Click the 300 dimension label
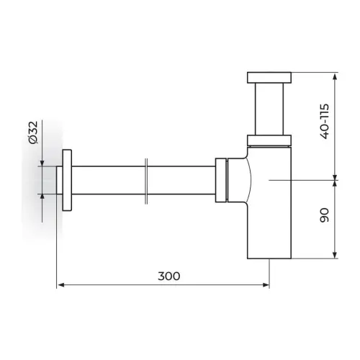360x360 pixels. pyautogui.click(x=168, y=276)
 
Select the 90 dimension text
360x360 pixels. pyautogui.click(x=325, y=215)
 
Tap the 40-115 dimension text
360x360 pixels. pyautogui.click(x=325, y=122)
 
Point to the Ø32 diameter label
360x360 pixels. pyautogui.click(x=33, y=132)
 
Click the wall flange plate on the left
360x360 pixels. pyautogui.click(x=67, y=180)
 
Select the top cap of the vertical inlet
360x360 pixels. pyautogui.click(x=269, y=78)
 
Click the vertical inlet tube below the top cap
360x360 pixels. pyautogui.click(x=269, y=109)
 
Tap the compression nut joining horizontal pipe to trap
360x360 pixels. pyautogui.click(x=221, y=180)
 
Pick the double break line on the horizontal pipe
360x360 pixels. pyautogui.click(x=146, y=181)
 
